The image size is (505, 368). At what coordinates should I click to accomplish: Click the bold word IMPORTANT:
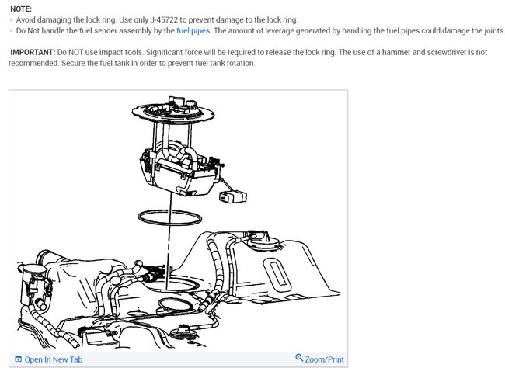pos(32,52)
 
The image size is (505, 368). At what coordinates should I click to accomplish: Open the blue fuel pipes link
pos(193,30)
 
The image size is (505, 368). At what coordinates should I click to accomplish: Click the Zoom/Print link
pos(325,359)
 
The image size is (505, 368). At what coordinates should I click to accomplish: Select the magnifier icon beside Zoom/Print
pos(300,359)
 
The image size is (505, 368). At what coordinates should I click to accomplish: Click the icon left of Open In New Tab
pos(18,359)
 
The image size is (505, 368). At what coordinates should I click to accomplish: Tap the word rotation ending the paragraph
pos(238,63)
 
